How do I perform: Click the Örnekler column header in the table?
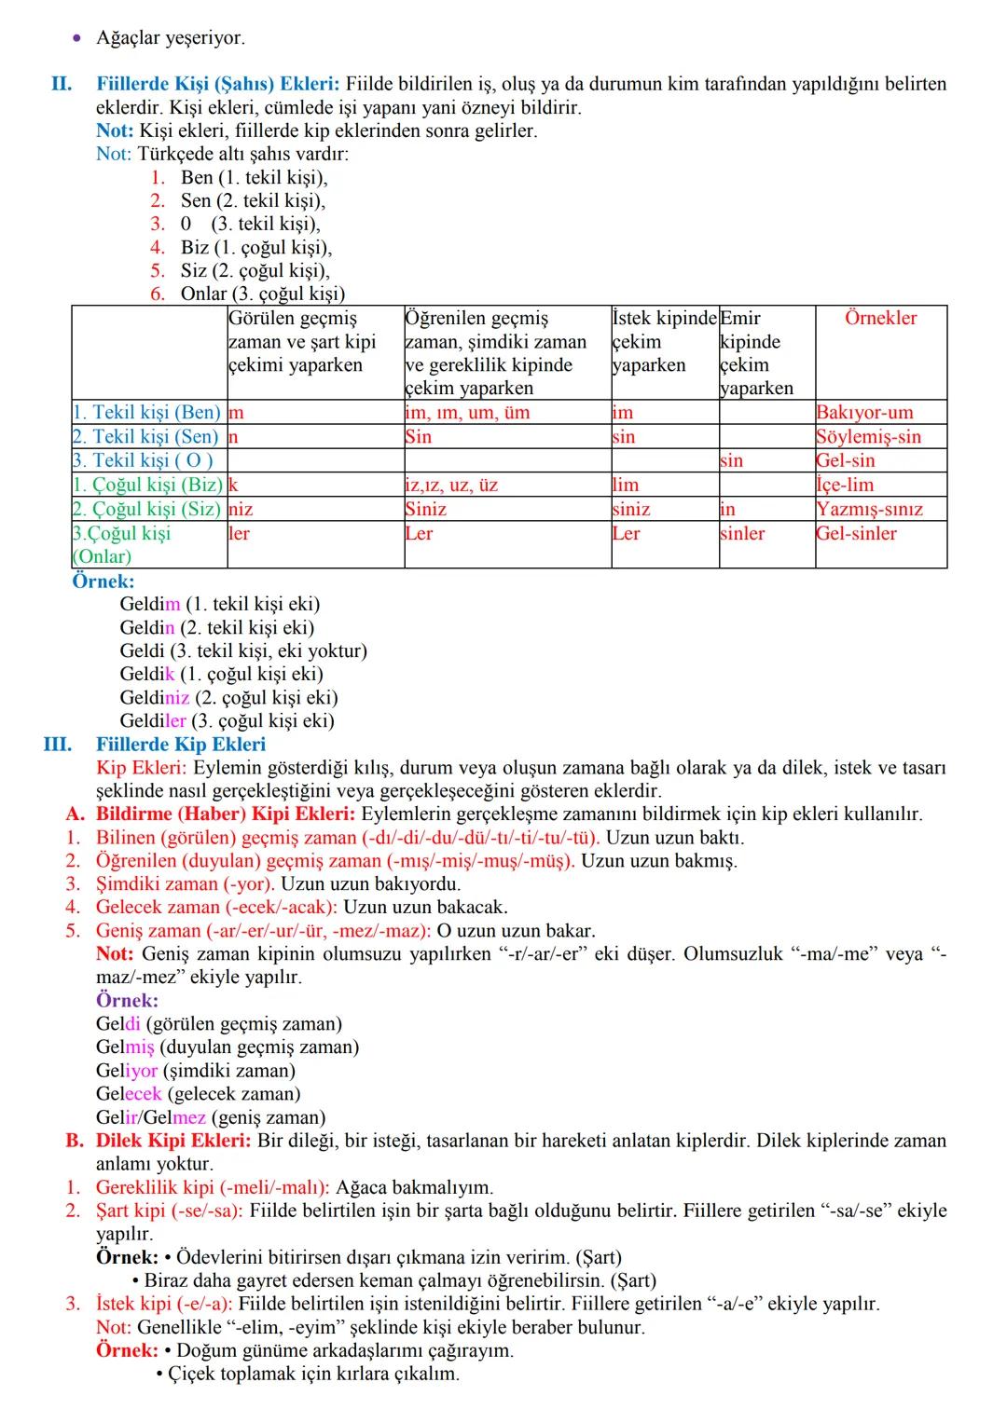[880, 318]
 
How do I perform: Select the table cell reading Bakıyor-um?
[864, 412]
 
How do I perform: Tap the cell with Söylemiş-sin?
[868, 436]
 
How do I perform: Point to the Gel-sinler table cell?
[856, 533]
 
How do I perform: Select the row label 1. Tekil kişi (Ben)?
[147, 412]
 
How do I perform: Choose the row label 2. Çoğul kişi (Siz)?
[147, 509]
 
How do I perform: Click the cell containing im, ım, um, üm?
[467, 412]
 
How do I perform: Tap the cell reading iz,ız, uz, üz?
[451, 485]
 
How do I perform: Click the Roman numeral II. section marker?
[62, 84]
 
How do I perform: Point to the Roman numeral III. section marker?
[57, 744]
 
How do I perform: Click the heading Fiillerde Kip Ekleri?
[181, 744]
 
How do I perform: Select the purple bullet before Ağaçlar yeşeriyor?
[77, 38]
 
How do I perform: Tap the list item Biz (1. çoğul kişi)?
[255, 247]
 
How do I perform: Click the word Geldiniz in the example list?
[154, 697]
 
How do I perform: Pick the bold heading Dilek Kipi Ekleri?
[172, 1141]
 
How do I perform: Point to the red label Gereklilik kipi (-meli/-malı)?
[213, 1187]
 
